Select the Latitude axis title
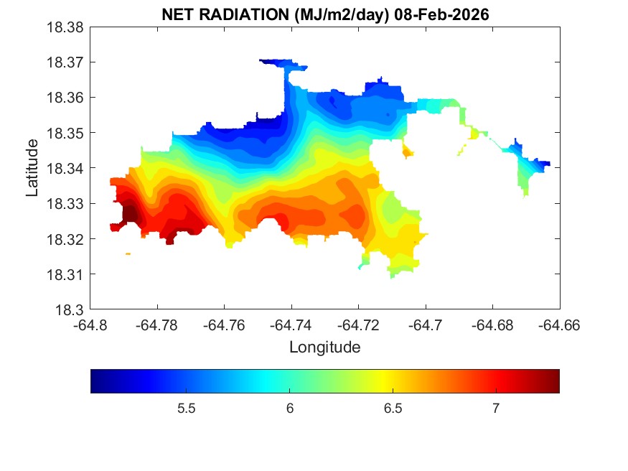click(32, 168)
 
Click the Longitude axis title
click(324, 348)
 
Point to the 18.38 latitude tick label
click(67, 27)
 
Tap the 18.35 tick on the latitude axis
click(67, 133)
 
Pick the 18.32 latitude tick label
click(67, 239)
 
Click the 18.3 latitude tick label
click(72, 309)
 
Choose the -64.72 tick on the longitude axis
click(359, 325)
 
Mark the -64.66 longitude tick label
click(560, 325)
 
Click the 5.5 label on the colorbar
click(187, 409)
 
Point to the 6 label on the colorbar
click(289, 409)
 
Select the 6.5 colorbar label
click(393, 409)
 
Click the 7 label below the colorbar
click(495, 409)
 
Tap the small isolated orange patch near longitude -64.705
click(408, 151)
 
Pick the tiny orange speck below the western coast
click(128, 253)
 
